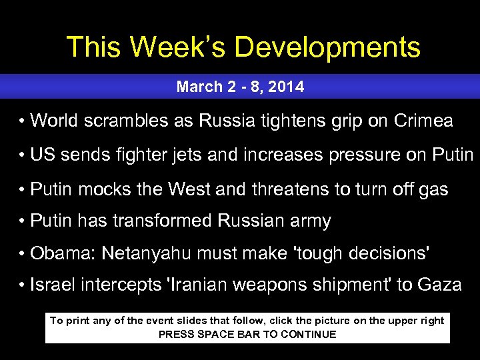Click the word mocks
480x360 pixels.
107,189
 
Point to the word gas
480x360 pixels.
434,189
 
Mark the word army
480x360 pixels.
311,221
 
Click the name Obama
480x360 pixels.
59,253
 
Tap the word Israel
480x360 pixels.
52,285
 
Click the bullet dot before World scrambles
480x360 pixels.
22,121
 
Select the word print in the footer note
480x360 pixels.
79,321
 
